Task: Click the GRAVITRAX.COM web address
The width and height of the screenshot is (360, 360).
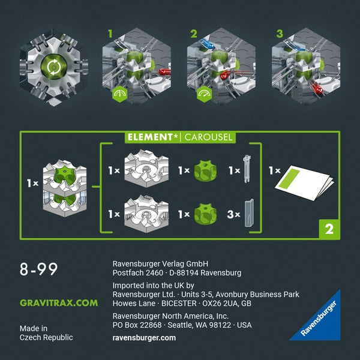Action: [x=58, y=303]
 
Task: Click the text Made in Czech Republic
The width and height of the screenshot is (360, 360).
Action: [x=46, y=333]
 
